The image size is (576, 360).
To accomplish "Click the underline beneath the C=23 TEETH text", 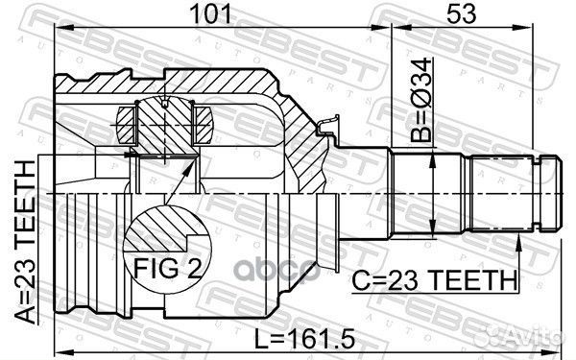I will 437,294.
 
